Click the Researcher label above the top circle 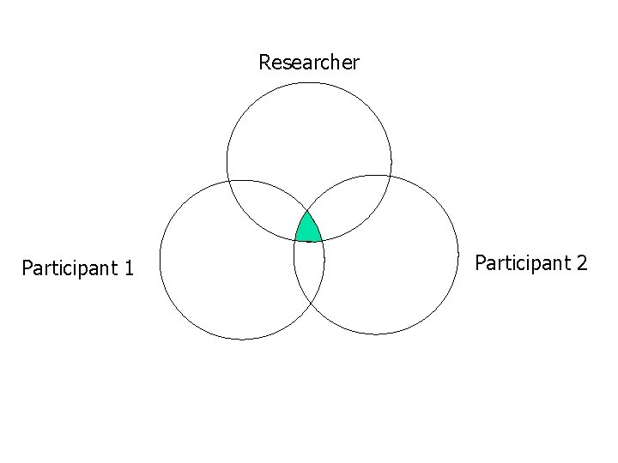tap(309, 63)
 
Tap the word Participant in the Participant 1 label tap(69, 268)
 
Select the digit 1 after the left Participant tap(129, 268)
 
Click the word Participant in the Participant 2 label tap(522, 262)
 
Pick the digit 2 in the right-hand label tap(582, 262)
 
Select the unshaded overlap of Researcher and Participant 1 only tap(266, 210)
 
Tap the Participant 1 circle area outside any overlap tap(223, 274)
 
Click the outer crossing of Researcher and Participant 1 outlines tap(230, 182)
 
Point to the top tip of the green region tap(307, 210)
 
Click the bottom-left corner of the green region tap(295, 240)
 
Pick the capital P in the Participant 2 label tap(480, 262)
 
